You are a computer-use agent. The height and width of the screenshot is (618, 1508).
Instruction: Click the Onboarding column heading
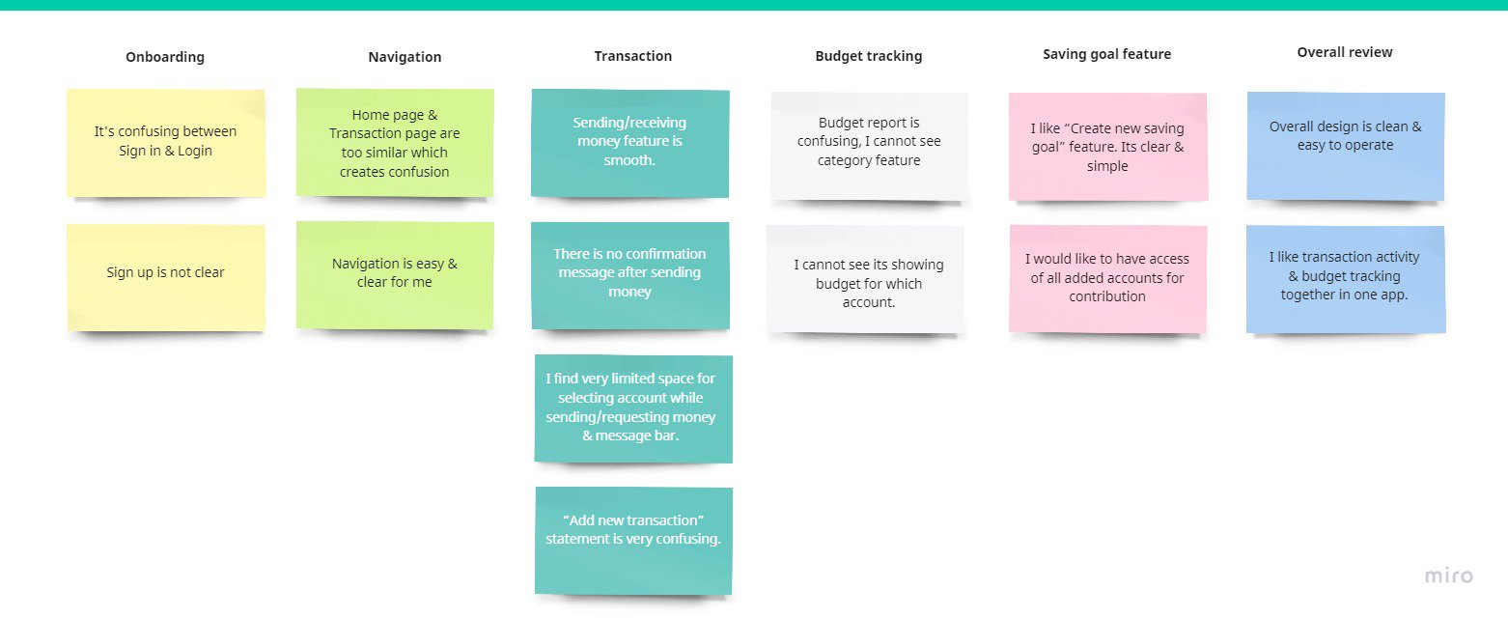pos(165,57)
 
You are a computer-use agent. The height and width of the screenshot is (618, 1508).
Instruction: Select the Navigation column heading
pos(405,57)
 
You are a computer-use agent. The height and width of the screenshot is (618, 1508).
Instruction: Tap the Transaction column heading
pos(632,56)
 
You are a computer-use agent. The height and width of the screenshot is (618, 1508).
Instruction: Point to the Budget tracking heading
pos(869,56)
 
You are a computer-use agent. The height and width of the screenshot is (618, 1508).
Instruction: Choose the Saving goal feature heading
pos(1106,54)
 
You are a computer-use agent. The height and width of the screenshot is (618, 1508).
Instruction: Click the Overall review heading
pos(1345,52)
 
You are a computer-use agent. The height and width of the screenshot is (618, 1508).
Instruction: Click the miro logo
pos(1449,576)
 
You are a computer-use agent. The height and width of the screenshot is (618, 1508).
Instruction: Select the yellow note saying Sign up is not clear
pos(166,277)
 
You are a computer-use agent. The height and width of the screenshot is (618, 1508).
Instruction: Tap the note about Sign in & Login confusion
pos(166,143)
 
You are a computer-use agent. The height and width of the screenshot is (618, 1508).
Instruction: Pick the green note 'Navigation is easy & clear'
pos(395,275)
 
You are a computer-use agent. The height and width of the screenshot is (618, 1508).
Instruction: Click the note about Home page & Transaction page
pos(395,143)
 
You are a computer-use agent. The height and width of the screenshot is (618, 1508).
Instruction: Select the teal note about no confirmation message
pos(630,275)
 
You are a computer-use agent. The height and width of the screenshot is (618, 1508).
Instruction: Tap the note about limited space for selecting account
pos(633,408)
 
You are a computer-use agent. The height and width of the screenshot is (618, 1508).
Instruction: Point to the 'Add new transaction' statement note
pos(633,541)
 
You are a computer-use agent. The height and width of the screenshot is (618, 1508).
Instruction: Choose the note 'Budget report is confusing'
pos(869,146)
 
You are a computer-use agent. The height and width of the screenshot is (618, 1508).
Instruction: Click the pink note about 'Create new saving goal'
pos(1107,146)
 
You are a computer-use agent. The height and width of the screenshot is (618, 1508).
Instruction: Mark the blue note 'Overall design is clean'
pos(1346,146)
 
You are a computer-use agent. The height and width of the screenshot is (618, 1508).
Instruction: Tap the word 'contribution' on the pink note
pos(1106,296)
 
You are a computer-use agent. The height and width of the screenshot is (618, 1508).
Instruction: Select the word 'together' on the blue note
pos(1307,295)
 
